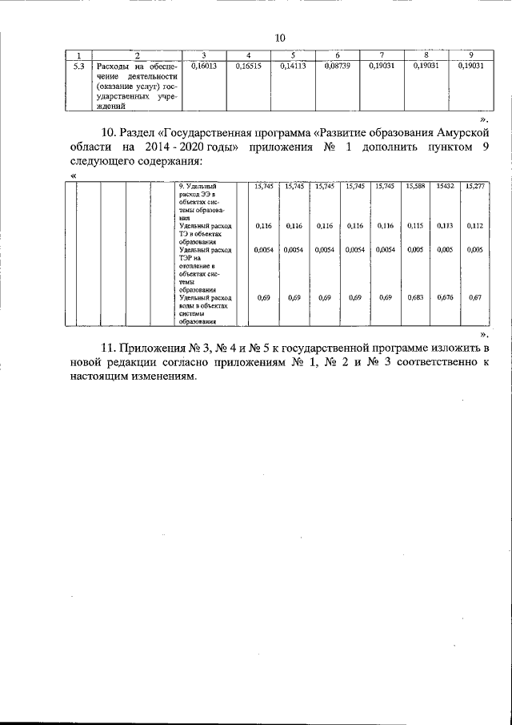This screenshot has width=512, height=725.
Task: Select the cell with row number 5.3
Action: pyautogui.click(x=78, y=67)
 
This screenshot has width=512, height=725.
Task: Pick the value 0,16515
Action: pyautogui.click(x=249, y=67)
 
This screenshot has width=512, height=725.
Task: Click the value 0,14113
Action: pyautogui.click(x=294, y=67)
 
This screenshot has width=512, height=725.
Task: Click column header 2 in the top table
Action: pyautogui.click(x=137, y=54)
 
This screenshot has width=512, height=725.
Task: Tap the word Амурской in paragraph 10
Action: pyautogui.click(x=458, y=132)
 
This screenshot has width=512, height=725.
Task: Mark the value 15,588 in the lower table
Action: pyautogui.click(x=415, y=186)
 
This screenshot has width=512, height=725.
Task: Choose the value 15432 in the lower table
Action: pyautogui.click(x=445, y=186)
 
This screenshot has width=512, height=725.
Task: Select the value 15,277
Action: pyautogui.click(x=474, y=186)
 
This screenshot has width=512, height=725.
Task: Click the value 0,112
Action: pyautogui.click(x=474, y=226)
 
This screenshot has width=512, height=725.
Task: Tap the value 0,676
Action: pyautogui.click(x=445, y=297)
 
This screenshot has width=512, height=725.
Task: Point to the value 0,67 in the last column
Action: pyautogui.click(x=474, y=297)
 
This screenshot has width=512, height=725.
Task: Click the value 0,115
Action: pyautogui.click(x=415, y=226)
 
